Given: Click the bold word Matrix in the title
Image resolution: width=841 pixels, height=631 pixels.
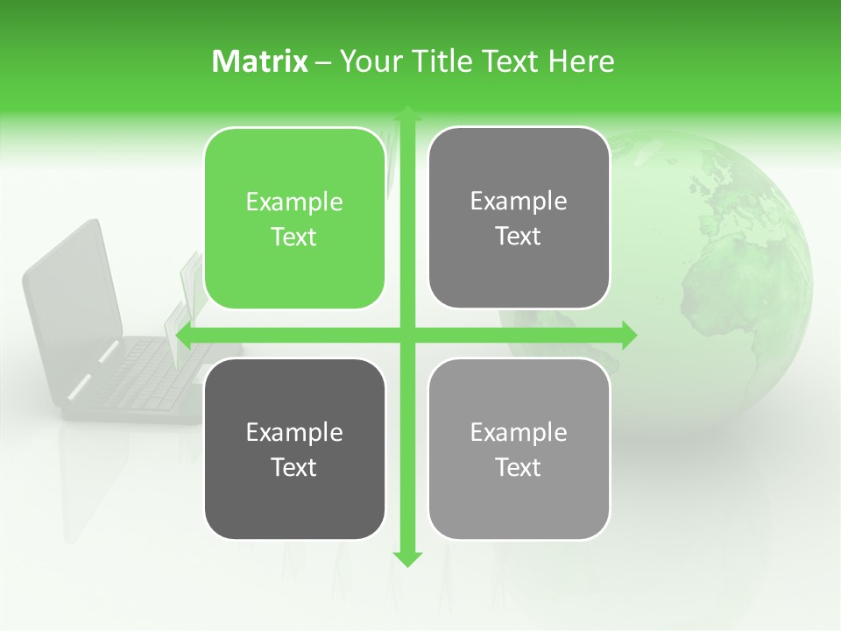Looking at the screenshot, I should [260, 61].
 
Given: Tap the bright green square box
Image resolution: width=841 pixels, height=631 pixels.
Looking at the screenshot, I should [294, 218].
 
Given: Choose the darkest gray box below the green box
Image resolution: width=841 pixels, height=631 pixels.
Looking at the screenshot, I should [294, 449].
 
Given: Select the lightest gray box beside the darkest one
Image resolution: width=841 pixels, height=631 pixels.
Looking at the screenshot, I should [519, 449].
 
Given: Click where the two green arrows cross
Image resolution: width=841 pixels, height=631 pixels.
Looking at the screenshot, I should [406, 334].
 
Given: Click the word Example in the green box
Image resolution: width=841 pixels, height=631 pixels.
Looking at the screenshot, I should [294, 202].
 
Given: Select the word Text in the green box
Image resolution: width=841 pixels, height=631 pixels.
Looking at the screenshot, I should [294, 238].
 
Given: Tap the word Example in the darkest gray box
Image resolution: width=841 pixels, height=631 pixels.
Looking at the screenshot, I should [294, 432].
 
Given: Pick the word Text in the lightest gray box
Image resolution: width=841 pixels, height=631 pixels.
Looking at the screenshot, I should [519, 467].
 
